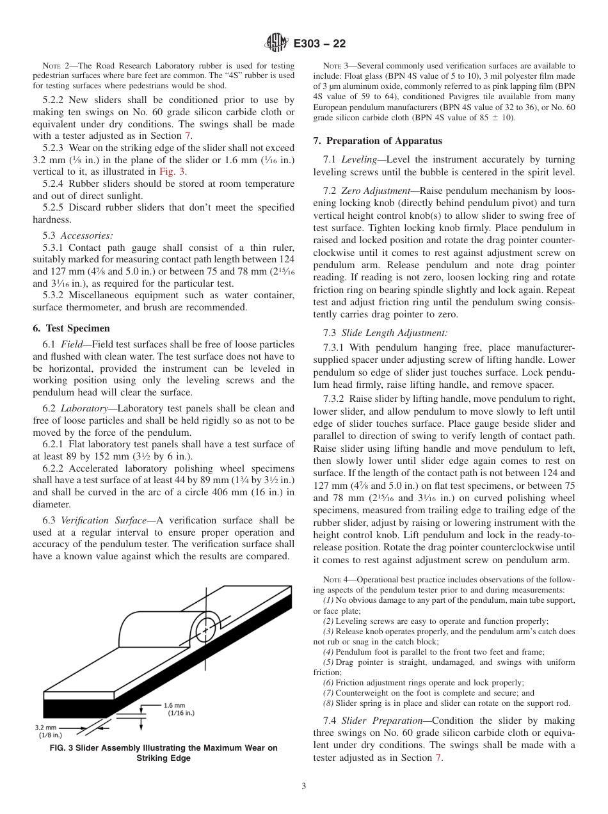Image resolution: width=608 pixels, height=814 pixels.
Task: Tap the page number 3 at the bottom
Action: tap(303, 786)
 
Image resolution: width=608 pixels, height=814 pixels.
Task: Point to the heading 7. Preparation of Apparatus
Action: tap(378, 141)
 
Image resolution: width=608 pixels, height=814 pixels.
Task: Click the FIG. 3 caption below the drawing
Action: tap(164, 753)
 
